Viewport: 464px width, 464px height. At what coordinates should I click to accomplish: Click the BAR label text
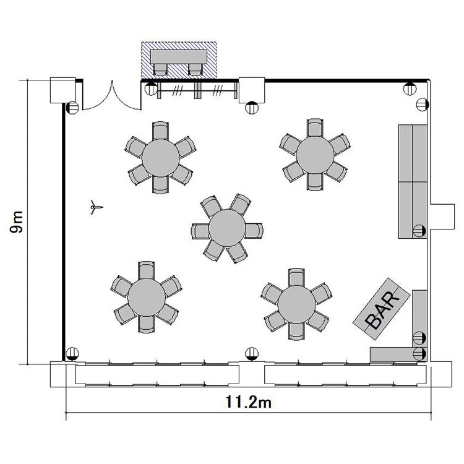pyautogui.click(x=382, y=309)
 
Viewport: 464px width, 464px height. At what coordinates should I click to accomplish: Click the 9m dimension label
pyautogui.click(x=16, y=222)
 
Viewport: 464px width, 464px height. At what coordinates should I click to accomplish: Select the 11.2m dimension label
pyautogui.click(x=248, y=402)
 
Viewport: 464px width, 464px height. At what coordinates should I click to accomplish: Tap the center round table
pyautogui.click(x=227, y=228)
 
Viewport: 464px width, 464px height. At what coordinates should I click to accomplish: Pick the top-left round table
pyautogui.click(x=161, y=158)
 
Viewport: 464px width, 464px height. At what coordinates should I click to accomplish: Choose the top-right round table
pyautogui.click(x=315, y=155)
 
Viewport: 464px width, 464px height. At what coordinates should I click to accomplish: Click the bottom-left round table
pyautogui.click(x=147, y=297)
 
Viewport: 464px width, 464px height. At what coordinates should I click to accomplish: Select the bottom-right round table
pyautogui.click(x=296, y=304)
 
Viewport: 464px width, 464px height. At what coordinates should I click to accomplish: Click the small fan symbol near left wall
pyautogui.click(x=95, y=207)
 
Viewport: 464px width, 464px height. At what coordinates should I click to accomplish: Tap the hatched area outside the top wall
pyautogui.click(x=179, y=61)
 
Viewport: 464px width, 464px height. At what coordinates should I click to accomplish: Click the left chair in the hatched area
pyautogui.click(x=160, y=69)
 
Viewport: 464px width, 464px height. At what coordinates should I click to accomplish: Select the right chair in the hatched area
pyautogui.click(x=195, y=69)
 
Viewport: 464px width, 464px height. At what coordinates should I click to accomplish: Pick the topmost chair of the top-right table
pyautogui.click(x=315, y=128)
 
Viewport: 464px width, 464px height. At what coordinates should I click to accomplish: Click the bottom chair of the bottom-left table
pyautogui.click(x=147, y=324)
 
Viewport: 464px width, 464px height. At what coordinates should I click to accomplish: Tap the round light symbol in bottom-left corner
pyautogui.click(x=72, y=354)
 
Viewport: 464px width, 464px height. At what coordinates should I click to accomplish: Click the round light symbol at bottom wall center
pyautogui.click(x=252, y=354)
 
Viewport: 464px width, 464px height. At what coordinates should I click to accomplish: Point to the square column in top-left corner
pyautogui.click(x=62, y=90)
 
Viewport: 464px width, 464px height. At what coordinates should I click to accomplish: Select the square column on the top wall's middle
pyautogui.click(x=252, y=90)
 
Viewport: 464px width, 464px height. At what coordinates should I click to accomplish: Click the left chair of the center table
pyautogui.click(x=200, y=231)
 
